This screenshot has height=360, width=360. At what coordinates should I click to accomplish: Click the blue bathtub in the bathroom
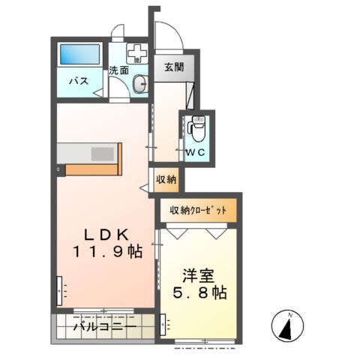tap(79, 55)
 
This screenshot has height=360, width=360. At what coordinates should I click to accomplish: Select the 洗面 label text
tap(118, 70)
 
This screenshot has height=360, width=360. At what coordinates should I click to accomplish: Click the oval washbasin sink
tap(140, 84)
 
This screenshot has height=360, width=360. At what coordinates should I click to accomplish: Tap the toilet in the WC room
tap(197, 128)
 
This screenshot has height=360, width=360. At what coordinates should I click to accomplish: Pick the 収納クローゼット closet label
tap(197, 211)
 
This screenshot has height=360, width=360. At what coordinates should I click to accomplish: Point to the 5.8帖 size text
tap(198, 291)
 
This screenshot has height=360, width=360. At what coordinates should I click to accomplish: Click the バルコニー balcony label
tap(104, 328)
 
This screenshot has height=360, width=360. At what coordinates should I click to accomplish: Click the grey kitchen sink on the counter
tap(100, 153)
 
